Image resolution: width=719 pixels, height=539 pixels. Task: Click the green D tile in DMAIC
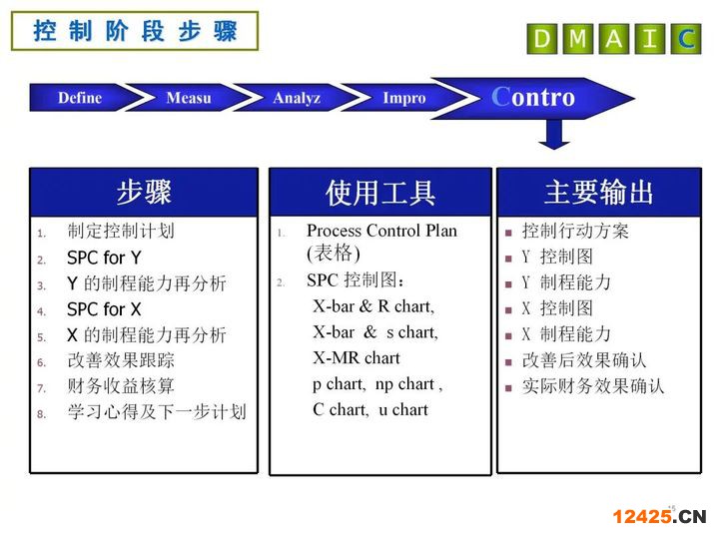(x=542, y=39)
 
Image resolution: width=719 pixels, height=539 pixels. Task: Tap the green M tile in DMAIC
(x=578, y=39)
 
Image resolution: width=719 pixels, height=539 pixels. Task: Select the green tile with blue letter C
(x=686, y=39)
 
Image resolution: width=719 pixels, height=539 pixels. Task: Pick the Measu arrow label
(x=189, y=98)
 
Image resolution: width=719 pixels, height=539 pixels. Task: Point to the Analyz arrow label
(x=297, y=98)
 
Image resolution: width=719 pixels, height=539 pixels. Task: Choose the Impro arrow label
(x=404, y=98)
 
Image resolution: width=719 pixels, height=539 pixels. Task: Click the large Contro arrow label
(x=533, y=97)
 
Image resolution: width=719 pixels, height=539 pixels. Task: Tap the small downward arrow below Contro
(x=554, y=135)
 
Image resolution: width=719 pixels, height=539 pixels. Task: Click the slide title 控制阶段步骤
(x=135, y=31)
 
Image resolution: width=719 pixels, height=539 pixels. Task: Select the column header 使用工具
(x=380, y=193)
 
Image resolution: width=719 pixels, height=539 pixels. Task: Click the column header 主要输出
(x=599, y=192)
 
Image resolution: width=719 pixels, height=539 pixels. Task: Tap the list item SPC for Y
(x=104, y=258)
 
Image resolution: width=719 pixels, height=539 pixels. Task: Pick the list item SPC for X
(x=104, y=309)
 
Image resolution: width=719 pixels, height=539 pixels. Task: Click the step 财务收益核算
(x=121, y=386)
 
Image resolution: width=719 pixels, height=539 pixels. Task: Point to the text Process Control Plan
(x=381, y=231)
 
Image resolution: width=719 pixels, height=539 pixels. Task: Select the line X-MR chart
(x=357, y=357)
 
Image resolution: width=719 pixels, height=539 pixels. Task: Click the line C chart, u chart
(x=370, y=409)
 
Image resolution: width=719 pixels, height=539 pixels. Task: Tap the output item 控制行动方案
(x=575, y=231)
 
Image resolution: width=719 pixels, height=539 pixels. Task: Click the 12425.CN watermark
(x=659, y=516)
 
